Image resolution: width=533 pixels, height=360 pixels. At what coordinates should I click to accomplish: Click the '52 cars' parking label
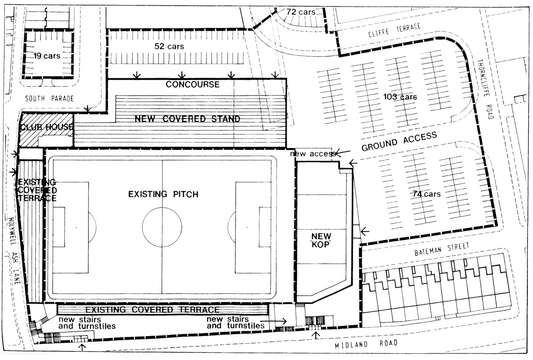169,46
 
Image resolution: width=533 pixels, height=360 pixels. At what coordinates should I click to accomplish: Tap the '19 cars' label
47,56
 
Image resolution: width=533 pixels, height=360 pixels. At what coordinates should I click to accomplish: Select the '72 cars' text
301,12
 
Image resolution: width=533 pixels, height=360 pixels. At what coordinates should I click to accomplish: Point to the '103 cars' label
400,97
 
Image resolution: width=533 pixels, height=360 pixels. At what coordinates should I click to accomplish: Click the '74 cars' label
427,194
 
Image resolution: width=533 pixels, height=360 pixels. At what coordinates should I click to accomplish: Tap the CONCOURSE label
192,84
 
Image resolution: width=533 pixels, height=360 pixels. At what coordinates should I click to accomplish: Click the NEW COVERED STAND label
187,119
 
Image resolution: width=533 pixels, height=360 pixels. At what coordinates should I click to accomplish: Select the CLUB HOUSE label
47,127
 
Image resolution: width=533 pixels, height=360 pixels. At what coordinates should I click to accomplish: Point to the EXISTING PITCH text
163,194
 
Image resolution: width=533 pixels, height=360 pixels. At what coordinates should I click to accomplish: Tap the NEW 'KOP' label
321,240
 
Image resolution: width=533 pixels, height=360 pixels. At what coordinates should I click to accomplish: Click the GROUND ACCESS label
399,142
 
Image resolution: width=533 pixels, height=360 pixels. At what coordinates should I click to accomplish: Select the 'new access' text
313,154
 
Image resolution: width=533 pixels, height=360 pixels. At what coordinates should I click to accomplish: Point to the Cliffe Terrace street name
394,30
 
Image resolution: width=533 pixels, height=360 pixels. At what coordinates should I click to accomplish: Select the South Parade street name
50,99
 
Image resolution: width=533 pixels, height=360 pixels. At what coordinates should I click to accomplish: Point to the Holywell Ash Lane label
14,251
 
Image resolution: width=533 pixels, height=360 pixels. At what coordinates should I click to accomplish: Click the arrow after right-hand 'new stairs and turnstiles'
274,321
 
